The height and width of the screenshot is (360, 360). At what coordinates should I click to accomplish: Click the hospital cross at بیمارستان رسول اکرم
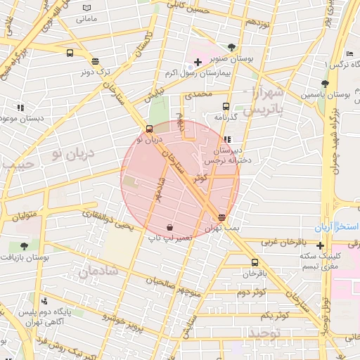click(198, 62)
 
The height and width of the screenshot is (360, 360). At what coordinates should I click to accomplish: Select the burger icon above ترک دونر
click(95, 60)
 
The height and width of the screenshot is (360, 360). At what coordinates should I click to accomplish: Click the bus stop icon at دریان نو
click(149, 129)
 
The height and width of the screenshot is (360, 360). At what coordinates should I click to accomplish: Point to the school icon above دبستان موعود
click(20, 108)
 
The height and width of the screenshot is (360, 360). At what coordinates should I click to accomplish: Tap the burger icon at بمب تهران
click(222, 217)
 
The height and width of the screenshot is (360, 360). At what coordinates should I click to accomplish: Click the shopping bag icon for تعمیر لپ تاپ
click(170, 227)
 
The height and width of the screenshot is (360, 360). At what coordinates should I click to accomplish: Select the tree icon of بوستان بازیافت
click(25, 246)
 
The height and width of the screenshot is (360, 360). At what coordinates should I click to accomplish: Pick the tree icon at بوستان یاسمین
click(323, 84)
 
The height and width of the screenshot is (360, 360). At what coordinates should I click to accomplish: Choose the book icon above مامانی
click(86, 8)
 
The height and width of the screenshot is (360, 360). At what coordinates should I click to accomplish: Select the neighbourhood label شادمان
click(97, 271)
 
